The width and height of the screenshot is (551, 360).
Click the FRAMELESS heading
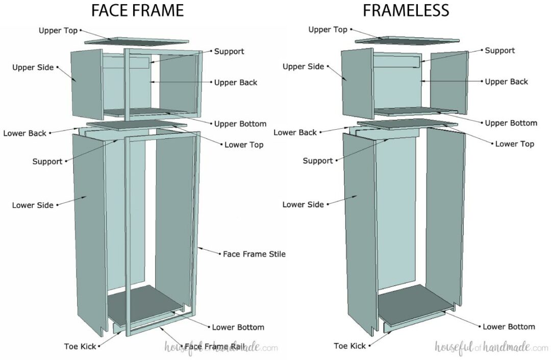(x=407, y=10)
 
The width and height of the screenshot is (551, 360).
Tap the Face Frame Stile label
(x=254, y=254)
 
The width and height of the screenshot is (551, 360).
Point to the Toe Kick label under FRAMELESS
(x=349, y=346)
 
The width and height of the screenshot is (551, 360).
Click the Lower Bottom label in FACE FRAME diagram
(x=238, y=327)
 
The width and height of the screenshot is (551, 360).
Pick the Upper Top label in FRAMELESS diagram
(x=328, y=30)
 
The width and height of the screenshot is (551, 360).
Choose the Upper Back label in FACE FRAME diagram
(x=236, y=82)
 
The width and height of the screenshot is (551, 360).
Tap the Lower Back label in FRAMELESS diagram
(x=295, y=132)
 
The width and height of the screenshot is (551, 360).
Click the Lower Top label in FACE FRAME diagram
(x=244, y=145)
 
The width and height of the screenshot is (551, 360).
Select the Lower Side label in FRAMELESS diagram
(x=303, y=204)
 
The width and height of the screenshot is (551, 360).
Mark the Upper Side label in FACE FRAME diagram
(x=33, y=67)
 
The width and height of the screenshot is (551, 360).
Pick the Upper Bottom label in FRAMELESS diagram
(x=510, y=123)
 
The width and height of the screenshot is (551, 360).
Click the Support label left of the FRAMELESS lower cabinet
(x=317, y=161)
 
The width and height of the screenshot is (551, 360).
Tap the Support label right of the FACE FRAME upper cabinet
(x=229, y=52)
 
